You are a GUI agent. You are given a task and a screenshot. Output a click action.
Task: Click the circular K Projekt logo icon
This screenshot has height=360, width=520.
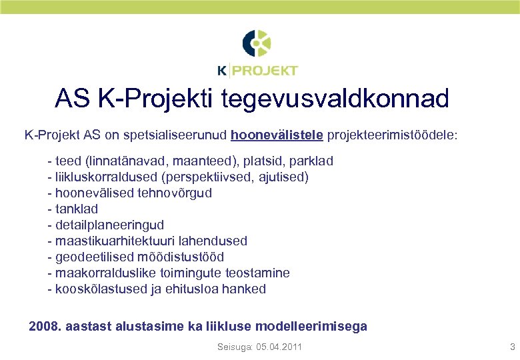tap(257, 44)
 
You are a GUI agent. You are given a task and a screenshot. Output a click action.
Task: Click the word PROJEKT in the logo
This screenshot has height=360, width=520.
tap(265, 71)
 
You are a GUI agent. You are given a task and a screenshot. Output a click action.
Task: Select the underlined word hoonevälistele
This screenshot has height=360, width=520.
tap(277, 135)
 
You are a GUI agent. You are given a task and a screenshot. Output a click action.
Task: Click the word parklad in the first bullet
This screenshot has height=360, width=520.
tap(311, 161)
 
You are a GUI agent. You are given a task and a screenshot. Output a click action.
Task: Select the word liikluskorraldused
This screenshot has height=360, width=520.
tap(103, 177)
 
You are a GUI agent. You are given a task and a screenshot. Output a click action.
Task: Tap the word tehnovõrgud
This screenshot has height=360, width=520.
tap(175, 193)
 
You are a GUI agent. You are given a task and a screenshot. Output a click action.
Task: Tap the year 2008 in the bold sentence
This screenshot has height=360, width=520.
tap(45, 327)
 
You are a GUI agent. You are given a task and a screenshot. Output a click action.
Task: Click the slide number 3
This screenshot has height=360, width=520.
tap(512, 347)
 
